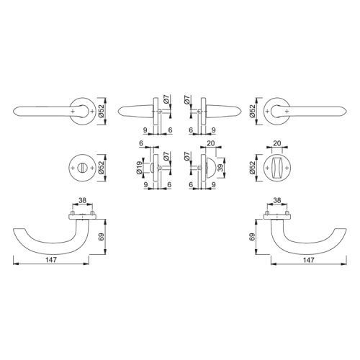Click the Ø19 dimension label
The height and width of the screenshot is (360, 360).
(138, 165)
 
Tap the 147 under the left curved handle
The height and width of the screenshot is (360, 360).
(50, 260)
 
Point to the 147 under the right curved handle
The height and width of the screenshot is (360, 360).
(308, 260)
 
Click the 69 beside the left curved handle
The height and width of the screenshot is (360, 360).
(102, 237)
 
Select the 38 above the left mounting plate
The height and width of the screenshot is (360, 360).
(82, 200)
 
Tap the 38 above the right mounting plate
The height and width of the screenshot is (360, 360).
(277, 200)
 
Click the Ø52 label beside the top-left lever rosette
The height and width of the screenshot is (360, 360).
(102, 111)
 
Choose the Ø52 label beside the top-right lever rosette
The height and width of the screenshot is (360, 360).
(252, 111)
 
